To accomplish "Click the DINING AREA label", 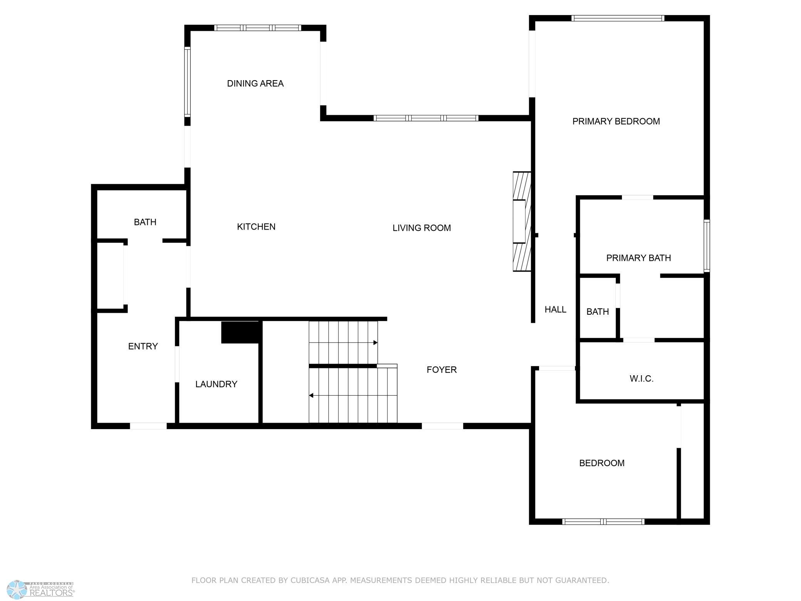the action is (255, 84).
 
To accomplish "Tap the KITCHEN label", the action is (256, 227).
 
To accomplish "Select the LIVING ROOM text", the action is (422, 228).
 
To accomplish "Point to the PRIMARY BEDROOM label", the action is (616, 121).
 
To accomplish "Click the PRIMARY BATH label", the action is (638, 258).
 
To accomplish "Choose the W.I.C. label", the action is (642, 379).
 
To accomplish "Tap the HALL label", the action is (555, 309).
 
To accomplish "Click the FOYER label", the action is (442, 370).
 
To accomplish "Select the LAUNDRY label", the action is (216, 384).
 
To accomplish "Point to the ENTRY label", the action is (143, 346).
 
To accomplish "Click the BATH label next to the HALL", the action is (598, 312).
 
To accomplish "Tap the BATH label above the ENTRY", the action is (145, 222).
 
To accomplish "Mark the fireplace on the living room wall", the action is (522, 222).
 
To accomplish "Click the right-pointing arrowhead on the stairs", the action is (375, 342).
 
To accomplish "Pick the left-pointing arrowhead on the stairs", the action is (311, 396).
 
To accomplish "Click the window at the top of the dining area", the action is (258, 28).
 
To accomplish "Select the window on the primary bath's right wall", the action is (707, 246).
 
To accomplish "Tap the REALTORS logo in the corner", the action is (41, 589).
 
